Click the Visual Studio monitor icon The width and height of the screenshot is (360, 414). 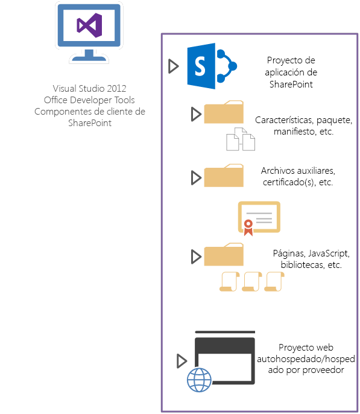pos(89,31)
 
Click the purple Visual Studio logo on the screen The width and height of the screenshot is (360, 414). pos(89,25)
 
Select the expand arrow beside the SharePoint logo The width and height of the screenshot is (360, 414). pos(174,66)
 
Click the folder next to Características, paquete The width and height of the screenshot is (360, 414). pos(224,113)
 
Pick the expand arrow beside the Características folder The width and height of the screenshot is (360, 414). pos(195,113)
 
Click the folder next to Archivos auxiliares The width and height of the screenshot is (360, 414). pos(224,176)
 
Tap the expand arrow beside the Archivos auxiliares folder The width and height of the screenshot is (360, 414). pos(195,177)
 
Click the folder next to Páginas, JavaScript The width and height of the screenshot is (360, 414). pos(224,255)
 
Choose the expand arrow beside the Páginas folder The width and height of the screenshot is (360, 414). pos(195,256)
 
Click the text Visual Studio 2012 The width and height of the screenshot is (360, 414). pos(89,88)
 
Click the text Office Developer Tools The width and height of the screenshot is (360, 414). pos(89,100)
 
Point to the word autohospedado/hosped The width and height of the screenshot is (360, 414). pos(306,358)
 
